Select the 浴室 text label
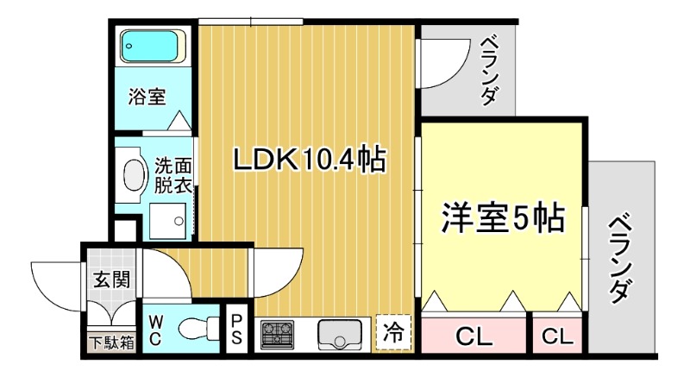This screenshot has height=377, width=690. click(x=147, y=97)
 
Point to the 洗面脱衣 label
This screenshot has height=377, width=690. click(x=173, y=173)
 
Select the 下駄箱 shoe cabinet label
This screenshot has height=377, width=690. click(x=111, y=342)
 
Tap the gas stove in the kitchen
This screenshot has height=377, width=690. click(x=279, y=333)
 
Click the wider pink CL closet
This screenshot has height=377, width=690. click(x=474, y=336)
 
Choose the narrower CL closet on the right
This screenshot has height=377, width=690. click(x=558, y=336)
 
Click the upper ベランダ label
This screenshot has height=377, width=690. click(x=488, y=69)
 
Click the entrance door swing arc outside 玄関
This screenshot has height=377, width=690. click(x=56, y=280)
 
